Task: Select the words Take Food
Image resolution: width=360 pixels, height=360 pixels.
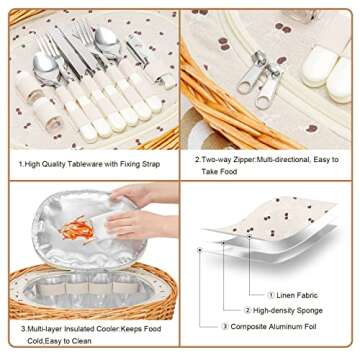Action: pos(219,172)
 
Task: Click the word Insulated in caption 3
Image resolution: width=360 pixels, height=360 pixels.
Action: pos(79,329)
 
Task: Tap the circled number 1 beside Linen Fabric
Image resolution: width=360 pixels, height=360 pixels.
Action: pos(271,295)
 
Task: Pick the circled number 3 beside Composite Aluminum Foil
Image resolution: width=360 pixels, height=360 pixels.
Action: pos(225,327)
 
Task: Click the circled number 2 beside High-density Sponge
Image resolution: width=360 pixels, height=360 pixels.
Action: pos(247,311)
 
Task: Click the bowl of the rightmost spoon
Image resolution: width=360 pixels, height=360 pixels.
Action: pos(106,41)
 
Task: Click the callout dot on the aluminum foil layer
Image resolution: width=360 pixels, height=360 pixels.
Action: pos(200,250)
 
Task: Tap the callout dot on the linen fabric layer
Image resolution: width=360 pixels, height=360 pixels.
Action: pos(249,236)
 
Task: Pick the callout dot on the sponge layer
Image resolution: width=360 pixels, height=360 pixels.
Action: pos(223,243)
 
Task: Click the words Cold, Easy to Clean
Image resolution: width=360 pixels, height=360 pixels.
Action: pos(59,341)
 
